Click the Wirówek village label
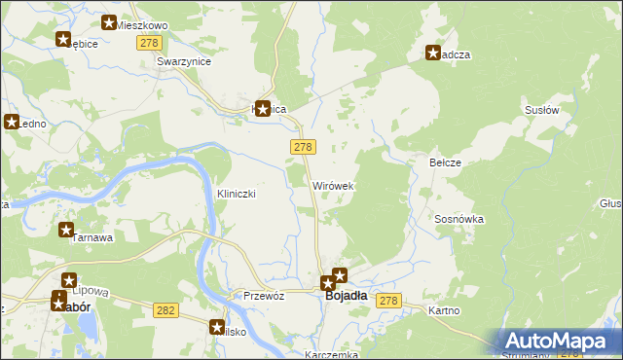[x=333, y=185]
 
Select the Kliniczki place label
[x=236, y=194]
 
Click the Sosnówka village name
[x=459, y=220]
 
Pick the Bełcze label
[x=445, y=162]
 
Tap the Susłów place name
[x=541, y=111]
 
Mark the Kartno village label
[x=445, y=310]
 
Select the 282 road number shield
[x=165, y=308]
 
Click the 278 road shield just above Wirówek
[x=302, y=146]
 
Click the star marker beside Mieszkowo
[x=109, y=23]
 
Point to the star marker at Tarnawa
[x=66, y=231]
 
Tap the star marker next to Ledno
[x=13, y=123]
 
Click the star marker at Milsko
[x=217, y=328]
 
